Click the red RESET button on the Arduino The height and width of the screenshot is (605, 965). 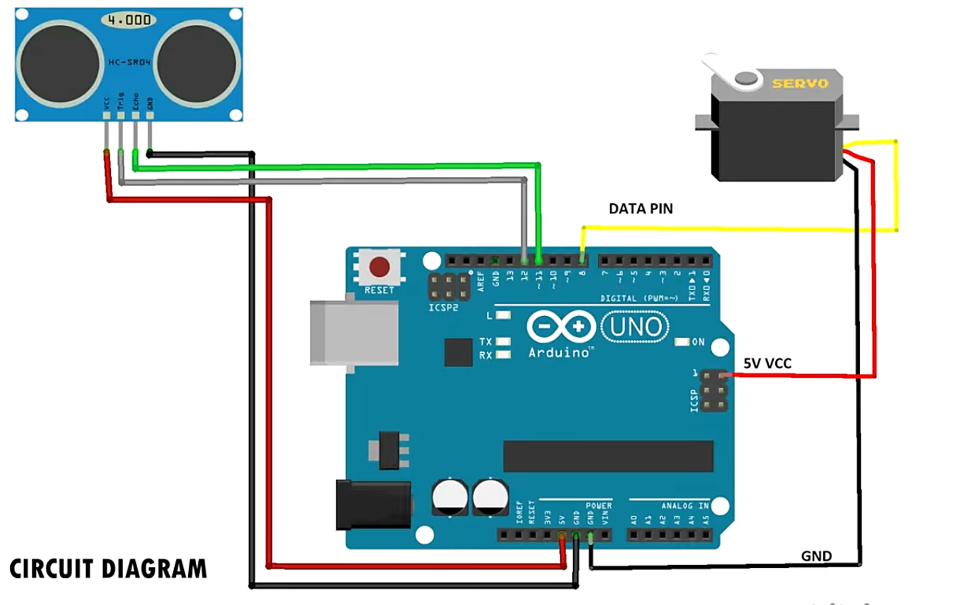coord(379,267)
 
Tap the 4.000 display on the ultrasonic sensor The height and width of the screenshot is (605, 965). coord(129,20)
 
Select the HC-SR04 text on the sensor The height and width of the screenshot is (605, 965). coord(129,62)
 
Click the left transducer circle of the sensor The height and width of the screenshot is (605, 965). coord(59,63)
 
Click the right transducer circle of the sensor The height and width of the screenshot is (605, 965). coord(197,63)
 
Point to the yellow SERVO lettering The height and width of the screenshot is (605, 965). coord(800,83)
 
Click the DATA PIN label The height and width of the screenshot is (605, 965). coord(640,209)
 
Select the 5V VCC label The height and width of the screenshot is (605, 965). coord(767,364)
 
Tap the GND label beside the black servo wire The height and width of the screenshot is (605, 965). coord(816,556)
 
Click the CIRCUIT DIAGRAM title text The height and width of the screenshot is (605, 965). coord(108,569)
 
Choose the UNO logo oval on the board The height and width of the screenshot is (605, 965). coord(635,326)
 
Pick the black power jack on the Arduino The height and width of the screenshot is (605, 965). coord(373,505)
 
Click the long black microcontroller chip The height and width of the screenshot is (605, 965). coord(607,456)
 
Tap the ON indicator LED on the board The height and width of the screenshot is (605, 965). coord(682,342)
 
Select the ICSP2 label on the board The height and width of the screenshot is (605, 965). coord(443,308)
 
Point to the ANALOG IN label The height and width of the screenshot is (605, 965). coord(685,506)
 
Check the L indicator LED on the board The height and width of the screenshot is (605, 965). coord(503,315)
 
